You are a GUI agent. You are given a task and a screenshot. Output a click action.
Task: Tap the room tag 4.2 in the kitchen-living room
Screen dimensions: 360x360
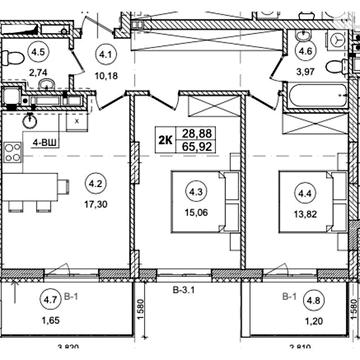96,183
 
